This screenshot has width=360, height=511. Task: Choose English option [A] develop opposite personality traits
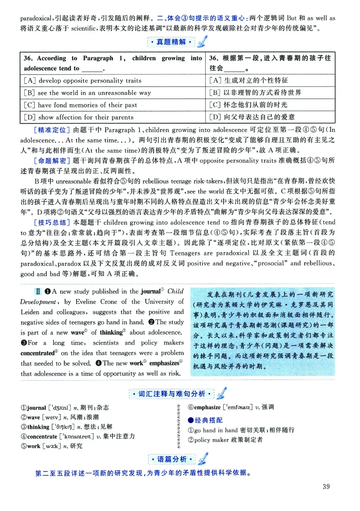tap(82, 81)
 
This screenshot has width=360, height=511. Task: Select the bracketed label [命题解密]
tap(52, 161)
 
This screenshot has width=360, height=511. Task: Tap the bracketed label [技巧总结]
tap(52, 222)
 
